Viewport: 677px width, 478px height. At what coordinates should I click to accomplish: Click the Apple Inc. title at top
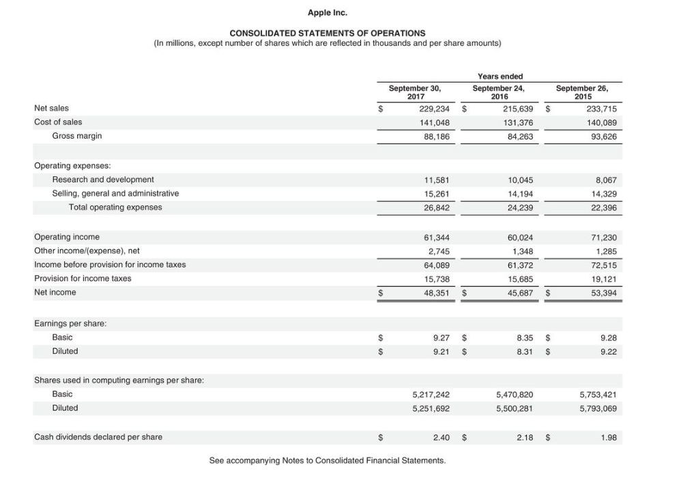coord(327,13)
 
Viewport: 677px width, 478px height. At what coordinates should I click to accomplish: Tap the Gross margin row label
coord(76,136)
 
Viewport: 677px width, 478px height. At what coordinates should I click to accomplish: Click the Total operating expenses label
coord(115,207)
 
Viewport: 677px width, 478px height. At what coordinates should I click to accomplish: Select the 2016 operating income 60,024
coord(519,237)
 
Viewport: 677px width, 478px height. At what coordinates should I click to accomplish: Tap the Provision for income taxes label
coord(83,279)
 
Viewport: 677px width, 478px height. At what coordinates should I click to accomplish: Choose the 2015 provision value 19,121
coord(603,279)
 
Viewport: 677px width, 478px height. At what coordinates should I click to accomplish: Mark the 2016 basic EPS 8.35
coord(524,337)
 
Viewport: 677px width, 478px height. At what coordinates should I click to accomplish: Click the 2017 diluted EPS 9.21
coord(441,351)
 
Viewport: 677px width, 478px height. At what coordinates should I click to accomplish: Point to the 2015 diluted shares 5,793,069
coord(598,408)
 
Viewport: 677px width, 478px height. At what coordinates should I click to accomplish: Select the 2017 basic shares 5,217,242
coord(431,395)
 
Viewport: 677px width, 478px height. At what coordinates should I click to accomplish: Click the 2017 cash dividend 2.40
coord(441,437)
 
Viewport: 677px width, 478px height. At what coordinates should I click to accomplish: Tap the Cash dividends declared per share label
coord(98,437)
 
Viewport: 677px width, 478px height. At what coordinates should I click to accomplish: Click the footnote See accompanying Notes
coord(327,460)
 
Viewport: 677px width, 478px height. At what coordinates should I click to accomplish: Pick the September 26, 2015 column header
coord(581,92)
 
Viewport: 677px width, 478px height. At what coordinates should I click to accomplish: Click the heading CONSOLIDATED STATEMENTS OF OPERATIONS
coord(327,33)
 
